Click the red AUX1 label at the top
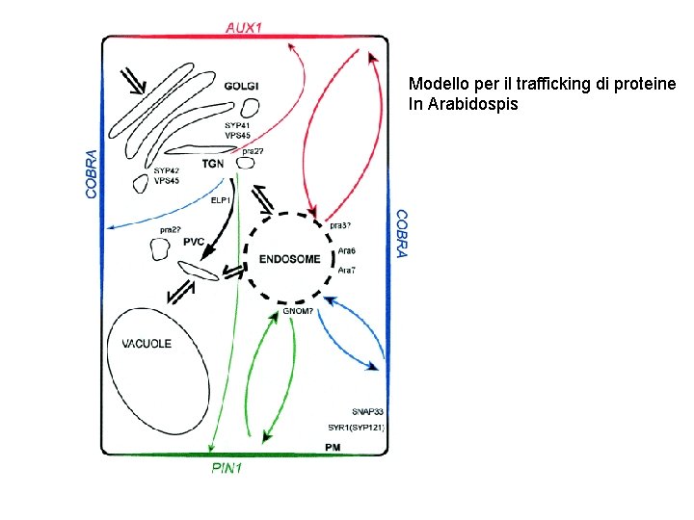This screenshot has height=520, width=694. tap(243, 27)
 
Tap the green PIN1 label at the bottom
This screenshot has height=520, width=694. tap(227, 469)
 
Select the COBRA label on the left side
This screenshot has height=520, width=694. tap(92, 173)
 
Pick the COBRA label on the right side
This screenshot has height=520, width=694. tap(402, 233)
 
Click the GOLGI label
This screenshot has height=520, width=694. tap(240, 87)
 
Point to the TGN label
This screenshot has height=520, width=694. tap(213, 164)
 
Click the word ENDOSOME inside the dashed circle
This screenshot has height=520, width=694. tap(290, 258)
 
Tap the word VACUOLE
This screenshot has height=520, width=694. tap(147, 344)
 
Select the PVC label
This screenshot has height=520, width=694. tap(194, 242)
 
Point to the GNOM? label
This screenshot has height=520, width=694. tap(299, 311)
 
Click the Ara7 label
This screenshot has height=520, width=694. tap(346, 271)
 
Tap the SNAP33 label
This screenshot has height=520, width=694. tap(367, 410)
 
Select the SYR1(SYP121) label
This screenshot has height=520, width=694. tap(356, 427)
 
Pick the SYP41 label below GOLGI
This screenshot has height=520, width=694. tap(236, 125)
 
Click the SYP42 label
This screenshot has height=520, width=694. tap(166, 170)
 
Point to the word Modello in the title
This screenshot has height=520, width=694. tap(436, 84)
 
